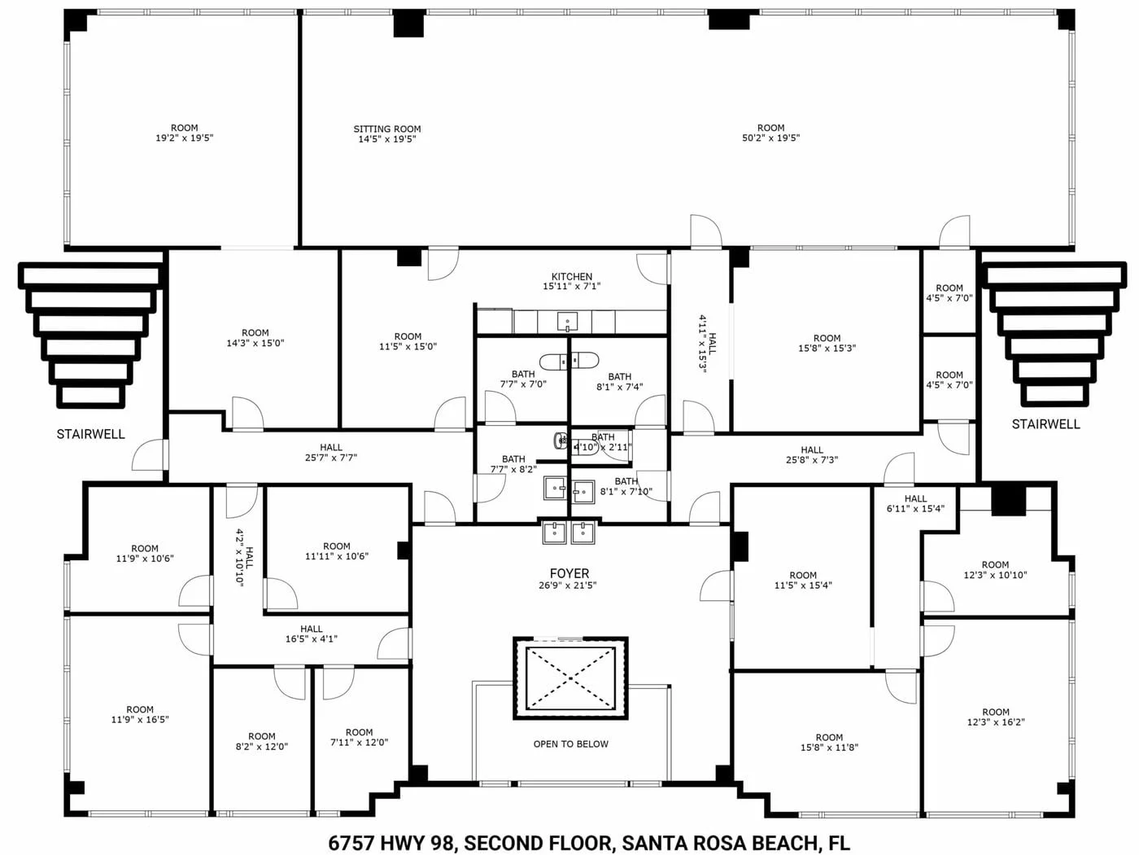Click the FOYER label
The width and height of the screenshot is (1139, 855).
coord(569,573)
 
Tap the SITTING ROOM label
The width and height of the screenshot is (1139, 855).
coord(387,129)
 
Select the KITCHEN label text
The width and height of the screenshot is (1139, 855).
coord(572,277)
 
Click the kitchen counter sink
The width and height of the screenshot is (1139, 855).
coord(567,322)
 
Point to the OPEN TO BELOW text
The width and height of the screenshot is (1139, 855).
coord(571,744)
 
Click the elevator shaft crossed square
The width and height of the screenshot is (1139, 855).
coord(570,678)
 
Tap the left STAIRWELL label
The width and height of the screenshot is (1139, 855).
coord(91,434)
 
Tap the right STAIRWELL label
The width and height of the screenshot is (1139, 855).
coord(1045,424)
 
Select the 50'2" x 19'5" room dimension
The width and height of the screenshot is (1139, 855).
coord(770,138)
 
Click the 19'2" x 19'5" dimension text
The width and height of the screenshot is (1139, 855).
coord(184,138)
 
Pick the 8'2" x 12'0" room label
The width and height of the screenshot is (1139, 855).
coord(261,741)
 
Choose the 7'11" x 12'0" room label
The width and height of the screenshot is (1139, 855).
coord(359,737)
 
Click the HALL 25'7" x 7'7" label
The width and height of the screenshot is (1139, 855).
coord(331,452)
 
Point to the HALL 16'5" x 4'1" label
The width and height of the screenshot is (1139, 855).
coord(312,634)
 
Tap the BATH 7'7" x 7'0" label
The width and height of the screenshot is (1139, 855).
coord(523,379)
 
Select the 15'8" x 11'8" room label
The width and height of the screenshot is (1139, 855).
coord(829,743)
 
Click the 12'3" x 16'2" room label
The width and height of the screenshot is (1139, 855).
coord(996,717)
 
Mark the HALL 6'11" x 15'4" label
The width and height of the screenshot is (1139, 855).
coord(915,503)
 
